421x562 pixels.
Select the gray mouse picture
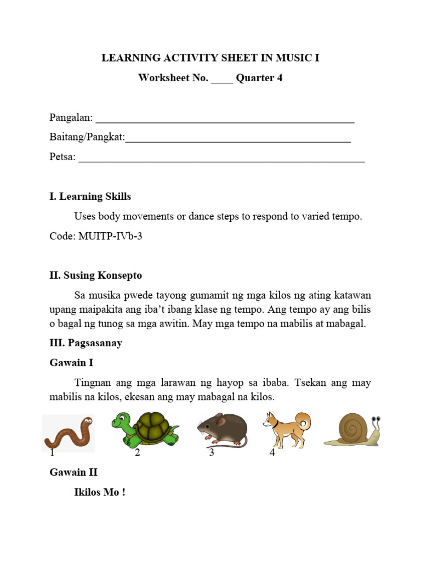[x=222, y=430]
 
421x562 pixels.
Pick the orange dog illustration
[x=286, y=429]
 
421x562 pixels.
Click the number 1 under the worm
[x=52, y=453]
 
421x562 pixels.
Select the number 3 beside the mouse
[x=211, y=453]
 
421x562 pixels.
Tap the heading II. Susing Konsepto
[x=95, y=276]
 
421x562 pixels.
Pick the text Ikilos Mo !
[x=100, y=492]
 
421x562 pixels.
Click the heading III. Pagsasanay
[x=86, y=343]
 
